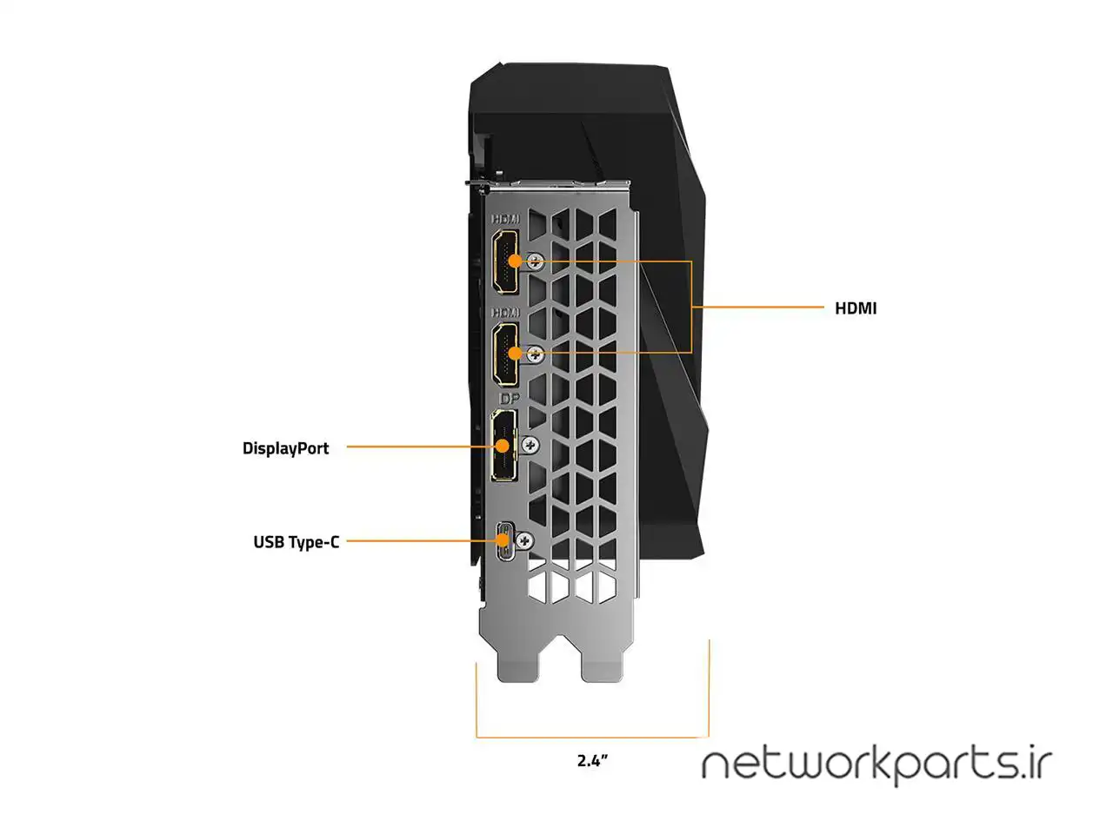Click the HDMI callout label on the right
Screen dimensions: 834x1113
point(856,308)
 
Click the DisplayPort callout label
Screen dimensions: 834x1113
point(285,448)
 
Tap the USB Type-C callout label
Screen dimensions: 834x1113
point(296,542)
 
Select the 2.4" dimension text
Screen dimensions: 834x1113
point(592,761)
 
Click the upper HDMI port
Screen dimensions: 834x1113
point(505,262)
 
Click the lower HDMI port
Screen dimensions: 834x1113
point(505,353)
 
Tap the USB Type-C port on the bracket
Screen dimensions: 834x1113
point(504,541)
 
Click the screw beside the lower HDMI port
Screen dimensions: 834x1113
point(537,353)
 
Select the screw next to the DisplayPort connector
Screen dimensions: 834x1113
point(530,444)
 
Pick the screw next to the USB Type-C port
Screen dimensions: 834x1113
point(523,540)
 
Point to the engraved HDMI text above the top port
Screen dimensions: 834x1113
point(505,221)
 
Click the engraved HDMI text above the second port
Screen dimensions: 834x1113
point(505,311)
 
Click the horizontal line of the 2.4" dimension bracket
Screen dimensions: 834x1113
point(592,738)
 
